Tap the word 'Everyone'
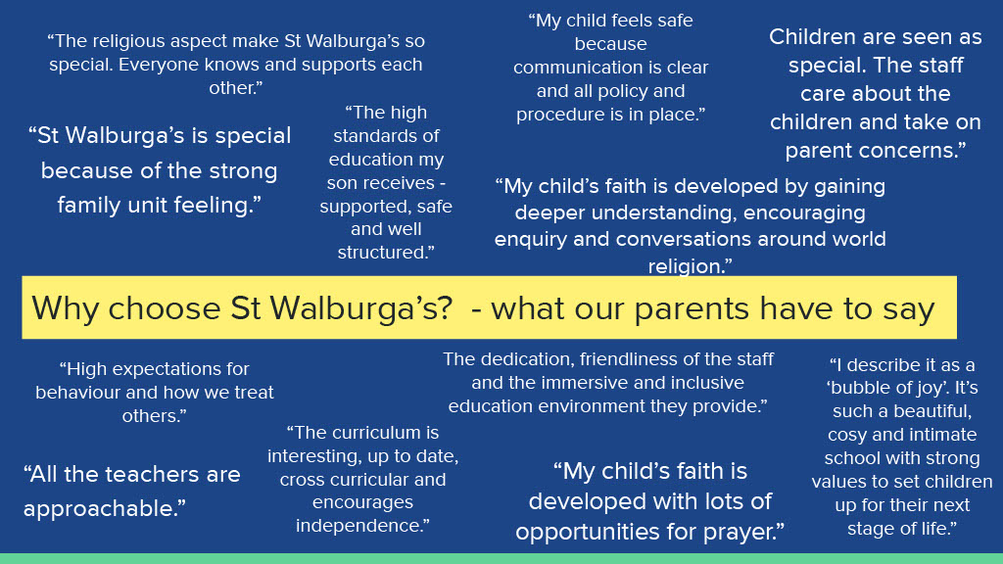pyautogui.click(x=160, y=66)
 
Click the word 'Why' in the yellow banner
pyautogui.click(x=66, y=309)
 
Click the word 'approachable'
pyautogui.click(x=101, y=509)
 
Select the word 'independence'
pyautogui.click(x=358, y=526)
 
